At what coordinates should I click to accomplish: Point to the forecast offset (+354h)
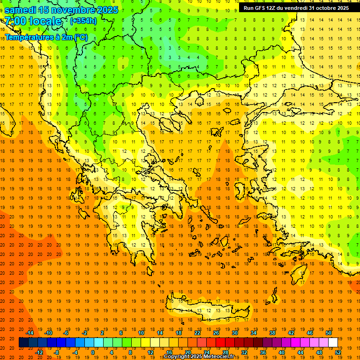pos(83,21)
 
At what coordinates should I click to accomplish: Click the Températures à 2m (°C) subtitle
pos(46,37)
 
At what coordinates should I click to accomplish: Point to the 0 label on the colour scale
pos(93,352)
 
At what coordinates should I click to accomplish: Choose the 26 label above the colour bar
pos(216,333)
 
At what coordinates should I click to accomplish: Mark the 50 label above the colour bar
pos(329,333)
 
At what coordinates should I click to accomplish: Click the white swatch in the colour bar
pos(333,343)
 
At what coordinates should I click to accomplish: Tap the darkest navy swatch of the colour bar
pos(23,343)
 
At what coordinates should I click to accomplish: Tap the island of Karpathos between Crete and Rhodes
pos(274,297)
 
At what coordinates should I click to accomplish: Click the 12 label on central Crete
pos(209,310)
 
